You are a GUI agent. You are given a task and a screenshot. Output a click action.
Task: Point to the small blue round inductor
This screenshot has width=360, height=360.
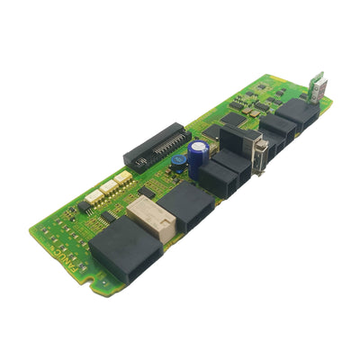tap(180, 161)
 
